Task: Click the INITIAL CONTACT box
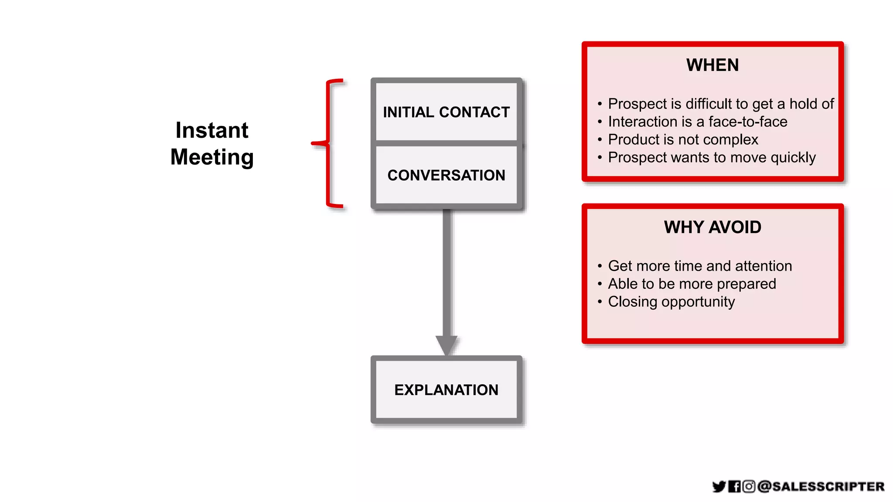(446, 112)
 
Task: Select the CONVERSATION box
(446, 175)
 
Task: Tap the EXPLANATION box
(446, 390)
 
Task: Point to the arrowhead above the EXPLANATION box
(446, 345)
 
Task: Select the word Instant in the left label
(212, 130)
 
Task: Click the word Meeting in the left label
(212, 157)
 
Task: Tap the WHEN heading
(712, 65)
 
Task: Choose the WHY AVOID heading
(712, 227)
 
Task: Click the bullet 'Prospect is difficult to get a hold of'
(720, 104)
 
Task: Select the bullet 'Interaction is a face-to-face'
(698, 122)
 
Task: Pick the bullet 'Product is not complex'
(683, 139)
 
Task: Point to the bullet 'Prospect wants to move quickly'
(712, 157)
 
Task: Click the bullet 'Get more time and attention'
(700, 266)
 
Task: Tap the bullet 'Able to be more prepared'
(692, 284)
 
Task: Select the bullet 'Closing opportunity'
(671, 302)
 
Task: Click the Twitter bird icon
(719, 486)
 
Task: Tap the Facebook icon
(734, 486)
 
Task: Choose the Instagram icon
(749, 486)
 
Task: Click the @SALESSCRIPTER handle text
(821, 486)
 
